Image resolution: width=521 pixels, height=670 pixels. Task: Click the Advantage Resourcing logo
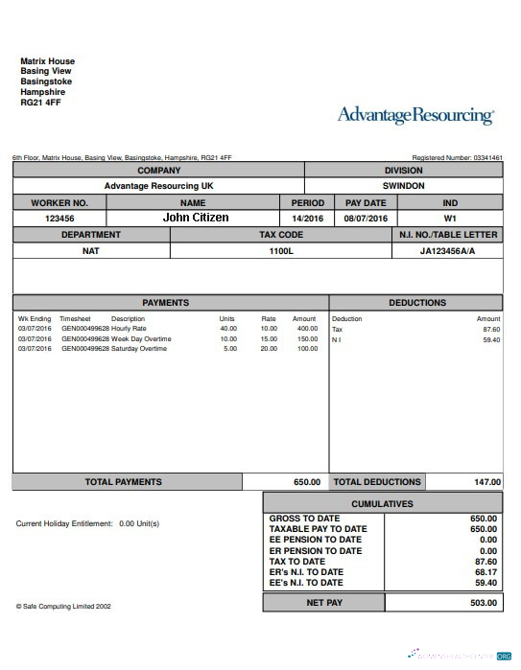coord(415,116)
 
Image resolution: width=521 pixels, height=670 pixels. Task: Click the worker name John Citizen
coord(196,218)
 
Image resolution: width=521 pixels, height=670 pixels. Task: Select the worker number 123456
coord(59,219)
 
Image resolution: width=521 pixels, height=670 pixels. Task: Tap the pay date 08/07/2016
coord(365,219)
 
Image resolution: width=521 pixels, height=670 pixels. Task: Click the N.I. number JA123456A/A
coord(447,251)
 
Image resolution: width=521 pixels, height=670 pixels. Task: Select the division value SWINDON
coord(403,186)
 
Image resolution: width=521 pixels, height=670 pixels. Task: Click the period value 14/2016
coord(308,219)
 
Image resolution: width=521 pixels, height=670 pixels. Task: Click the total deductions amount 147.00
coord(486,482)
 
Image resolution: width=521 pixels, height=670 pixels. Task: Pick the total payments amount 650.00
coord(306,482)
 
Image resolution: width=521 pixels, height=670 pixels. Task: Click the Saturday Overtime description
coord(140,349)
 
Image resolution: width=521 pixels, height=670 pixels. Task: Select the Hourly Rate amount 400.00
coord(306,329)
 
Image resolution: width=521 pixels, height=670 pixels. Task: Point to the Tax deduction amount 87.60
coord(491,329)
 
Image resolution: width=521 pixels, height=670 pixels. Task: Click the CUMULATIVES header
coord(382,503)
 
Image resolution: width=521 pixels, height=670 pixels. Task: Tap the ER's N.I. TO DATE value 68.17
coord(486,572)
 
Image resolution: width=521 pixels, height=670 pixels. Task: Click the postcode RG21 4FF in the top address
coord(40,103)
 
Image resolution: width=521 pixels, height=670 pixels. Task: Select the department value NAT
coord(91,251)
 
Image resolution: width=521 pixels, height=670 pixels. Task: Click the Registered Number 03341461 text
coord(457,157)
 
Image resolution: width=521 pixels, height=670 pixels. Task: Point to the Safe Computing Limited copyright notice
coord(63,606)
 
